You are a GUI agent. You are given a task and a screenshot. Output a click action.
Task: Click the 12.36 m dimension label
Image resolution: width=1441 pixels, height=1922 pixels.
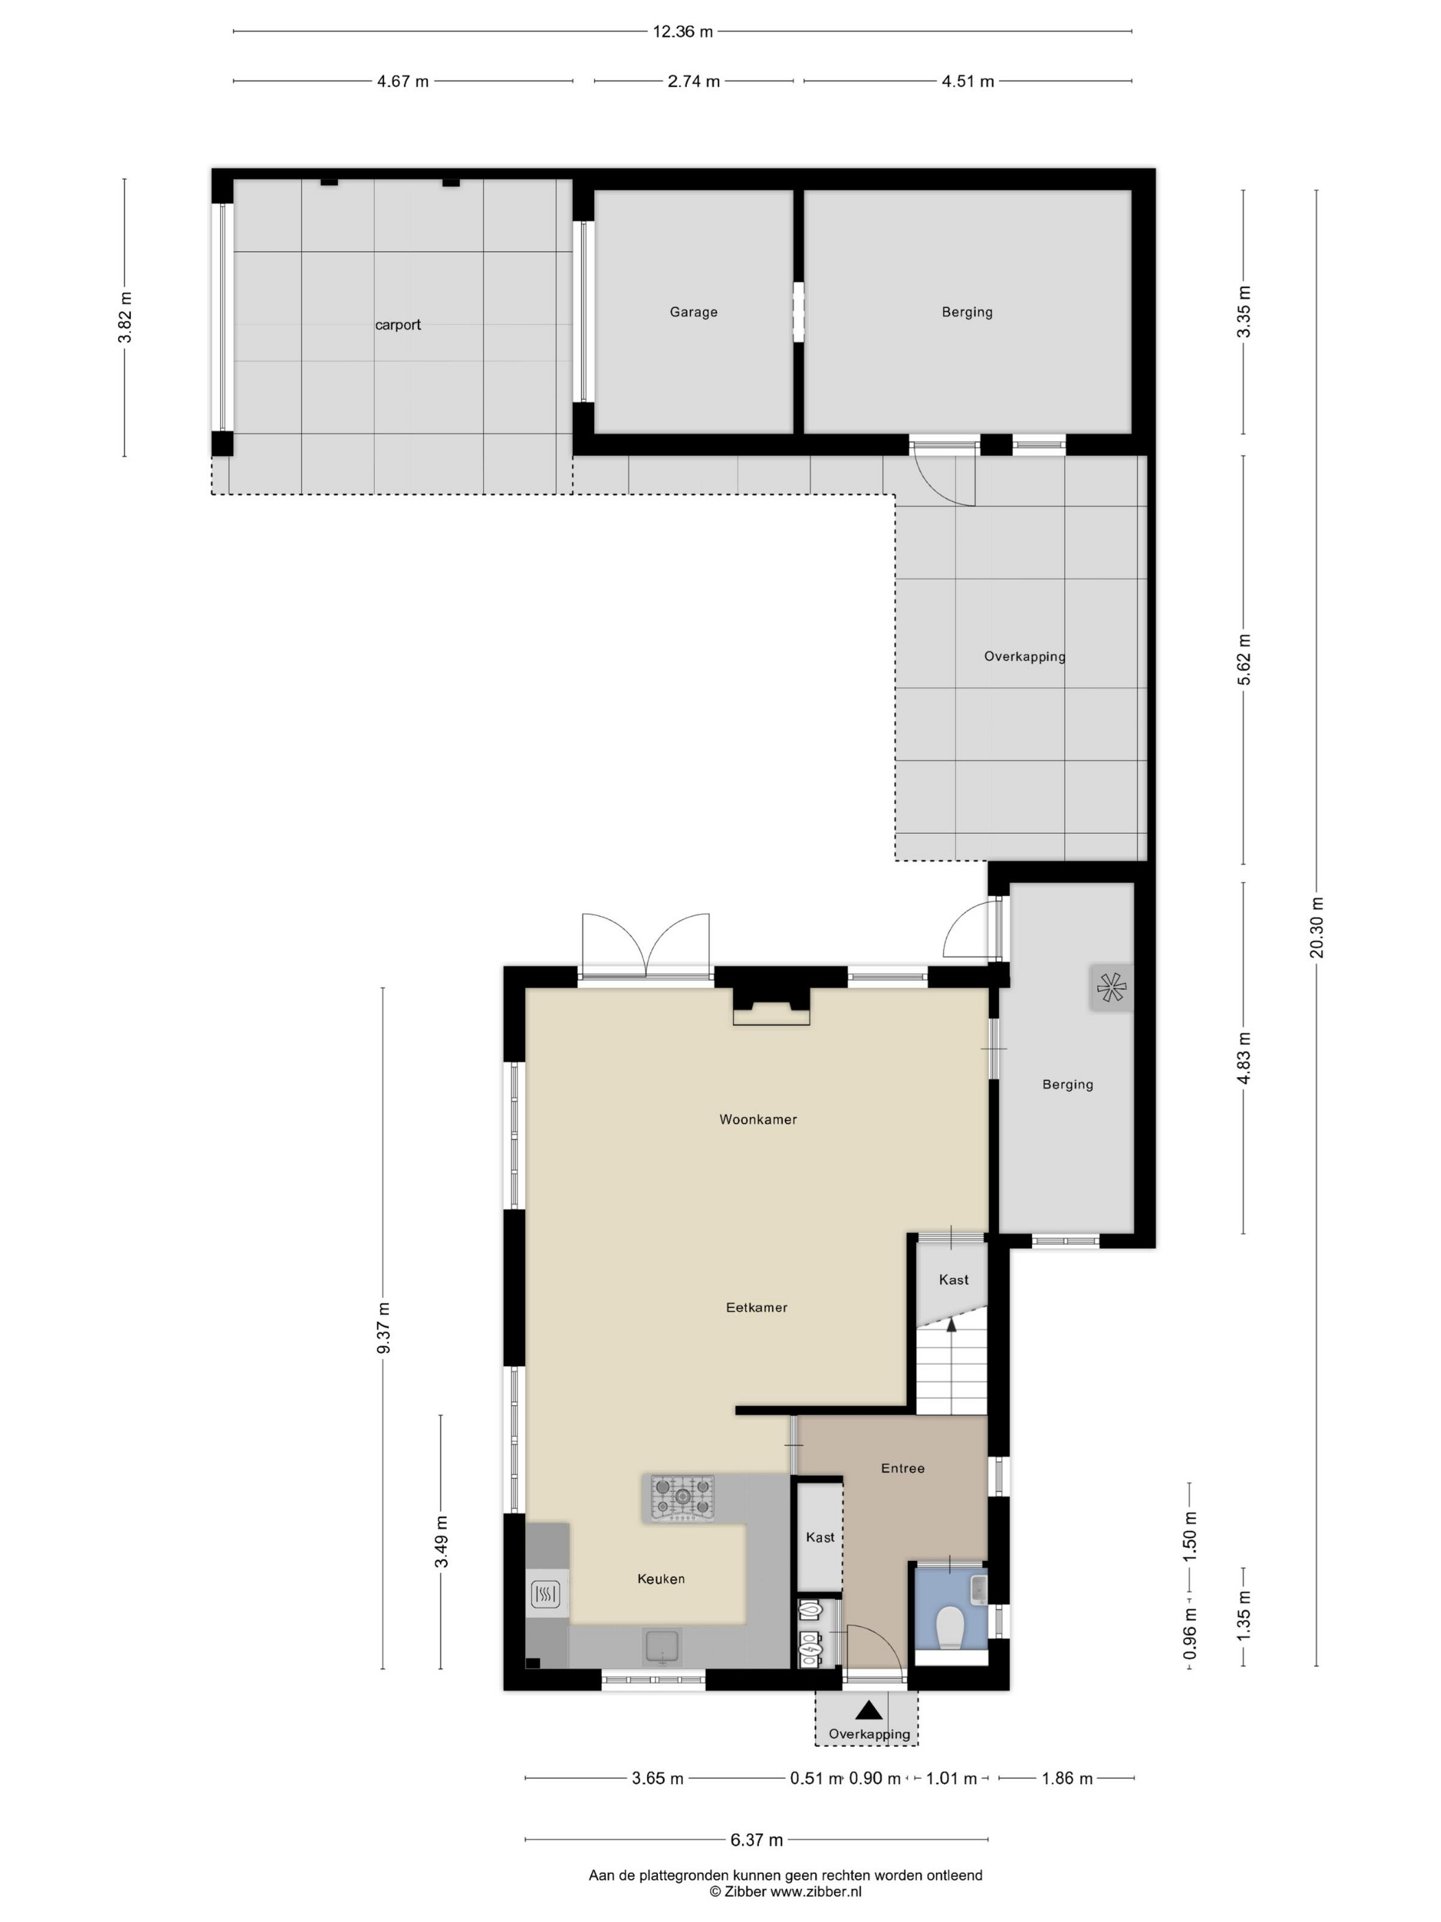pos(683,32)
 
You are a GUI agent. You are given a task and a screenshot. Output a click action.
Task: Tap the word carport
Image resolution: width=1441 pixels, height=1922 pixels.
pos(398,325)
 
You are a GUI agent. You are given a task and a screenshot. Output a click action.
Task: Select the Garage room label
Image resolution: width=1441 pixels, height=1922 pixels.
pos(693,312)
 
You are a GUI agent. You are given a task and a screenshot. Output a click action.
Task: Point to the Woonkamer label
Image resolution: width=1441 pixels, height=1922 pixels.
pos(758,1119)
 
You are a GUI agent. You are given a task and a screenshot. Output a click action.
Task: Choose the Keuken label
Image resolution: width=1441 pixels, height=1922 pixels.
pos(661,1579)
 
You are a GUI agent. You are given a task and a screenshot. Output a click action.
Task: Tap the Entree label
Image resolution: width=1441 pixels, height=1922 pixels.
pos(902,1468)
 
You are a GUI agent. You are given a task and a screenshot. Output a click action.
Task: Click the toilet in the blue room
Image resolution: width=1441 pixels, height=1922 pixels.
pos(951,1627)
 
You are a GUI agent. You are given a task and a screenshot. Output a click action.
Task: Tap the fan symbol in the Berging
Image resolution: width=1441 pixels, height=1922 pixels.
pos(1111,987)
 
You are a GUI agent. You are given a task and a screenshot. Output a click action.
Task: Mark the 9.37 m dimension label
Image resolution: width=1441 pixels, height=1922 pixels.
pos(383,1328)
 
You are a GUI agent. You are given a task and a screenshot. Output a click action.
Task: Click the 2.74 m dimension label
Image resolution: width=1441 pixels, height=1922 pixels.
pos(693,82)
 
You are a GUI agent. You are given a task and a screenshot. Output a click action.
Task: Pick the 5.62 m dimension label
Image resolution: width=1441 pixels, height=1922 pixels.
pos(1244,660)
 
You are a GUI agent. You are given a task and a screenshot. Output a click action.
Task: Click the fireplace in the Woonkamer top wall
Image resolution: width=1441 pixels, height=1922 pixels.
pos(771,1007)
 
